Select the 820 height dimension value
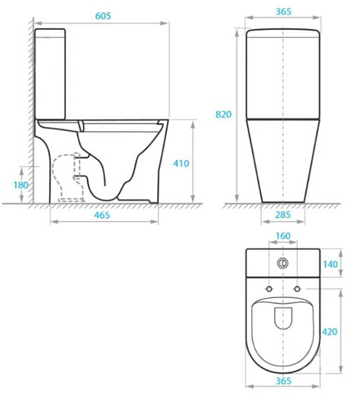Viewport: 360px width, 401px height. click(x=223, y=114)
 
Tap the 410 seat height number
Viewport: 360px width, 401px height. click(x=182, y=162)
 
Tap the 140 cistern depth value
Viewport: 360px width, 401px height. click(x=349, y=264)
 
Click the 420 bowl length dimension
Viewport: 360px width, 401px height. click(x=349, y=330)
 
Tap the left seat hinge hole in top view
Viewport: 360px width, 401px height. click(x=269, y=288)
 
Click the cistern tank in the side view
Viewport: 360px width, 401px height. click(x=50, y=74)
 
